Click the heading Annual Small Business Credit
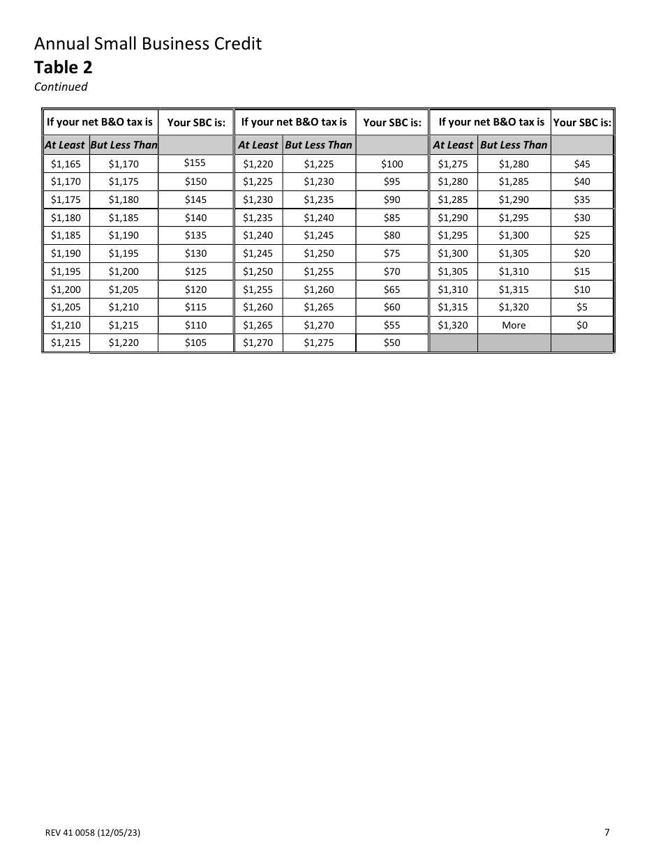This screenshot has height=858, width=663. click(x=148, y=44)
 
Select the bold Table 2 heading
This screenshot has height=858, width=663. click(x=64, y=67)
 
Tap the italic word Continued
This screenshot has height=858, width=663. click(x=61, y=86)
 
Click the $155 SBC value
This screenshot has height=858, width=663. click(x=195, y=163)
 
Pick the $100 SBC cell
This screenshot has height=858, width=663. click(x=392, y=164)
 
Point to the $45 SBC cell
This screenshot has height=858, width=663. click(x=581, y=164)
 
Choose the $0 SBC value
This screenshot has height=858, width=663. click(x=581, y=325)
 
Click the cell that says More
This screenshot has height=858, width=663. click(x=514, y=325)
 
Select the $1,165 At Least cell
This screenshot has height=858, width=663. click(x=66, y=164)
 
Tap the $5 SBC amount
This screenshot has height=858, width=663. click(x=581, y=307)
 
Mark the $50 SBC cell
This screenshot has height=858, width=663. click(x=392, y=343)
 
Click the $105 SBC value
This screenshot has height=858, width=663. click(x=195, y=343)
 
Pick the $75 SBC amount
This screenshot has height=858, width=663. click(x=392, y=253)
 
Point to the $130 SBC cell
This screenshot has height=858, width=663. click(x=195, y=253)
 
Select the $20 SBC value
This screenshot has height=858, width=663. click(x=581, y=253)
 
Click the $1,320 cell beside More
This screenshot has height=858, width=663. click(x=453, y=325)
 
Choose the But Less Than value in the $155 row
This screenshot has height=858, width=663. click(x=124, y=164)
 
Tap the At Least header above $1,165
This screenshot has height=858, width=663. click(x=65, y=145)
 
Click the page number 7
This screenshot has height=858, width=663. click(x=607, y=831)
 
